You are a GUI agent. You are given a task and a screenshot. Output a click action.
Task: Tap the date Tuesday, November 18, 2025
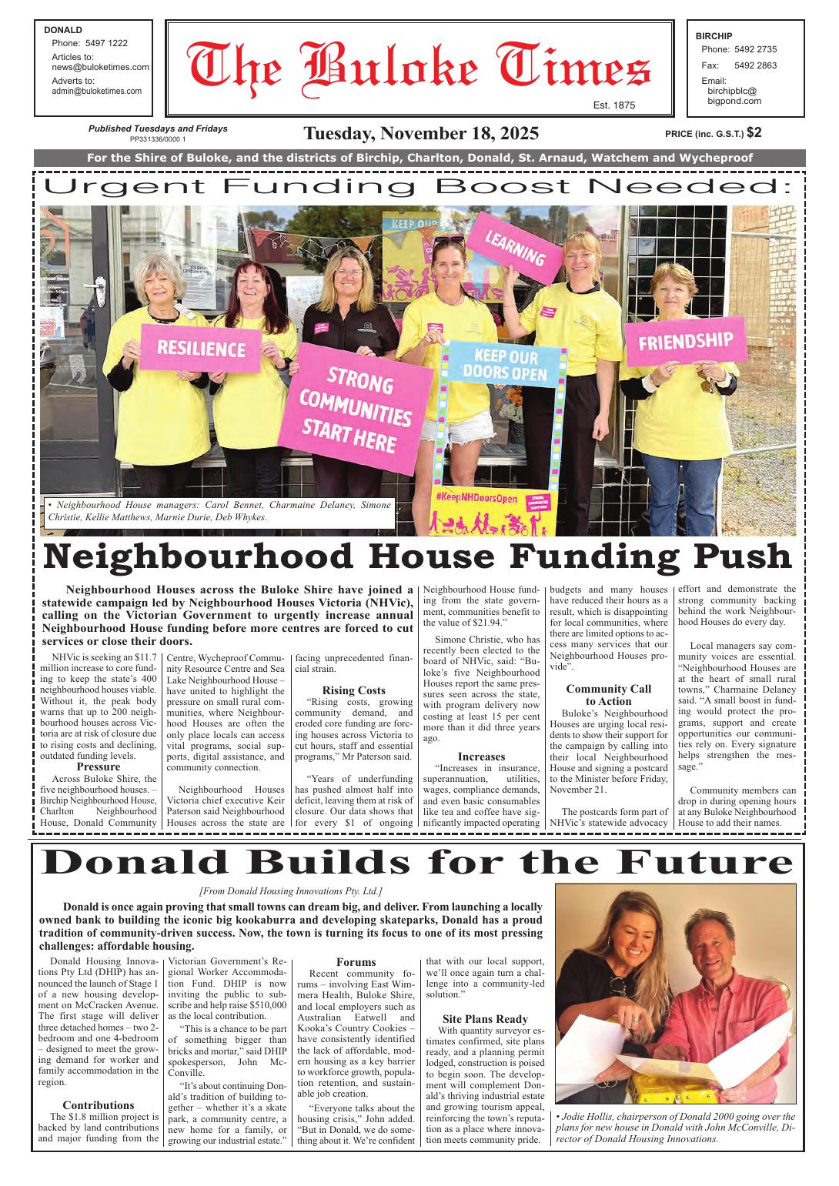coord(420,133)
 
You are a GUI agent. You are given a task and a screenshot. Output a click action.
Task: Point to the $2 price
coord(754,132)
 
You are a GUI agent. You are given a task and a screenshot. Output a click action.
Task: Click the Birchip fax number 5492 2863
coord(755,65)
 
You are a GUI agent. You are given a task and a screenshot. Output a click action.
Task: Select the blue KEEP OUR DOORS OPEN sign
coord(506,365)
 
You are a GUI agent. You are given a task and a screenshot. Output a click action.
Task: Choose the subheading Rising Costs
coord(353,690)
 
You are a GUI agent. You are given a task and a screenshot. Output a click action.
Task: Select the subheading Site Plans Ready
coord(485,1019)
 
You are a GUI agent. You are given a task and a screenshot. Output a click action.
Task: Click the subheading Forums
coord(356,962)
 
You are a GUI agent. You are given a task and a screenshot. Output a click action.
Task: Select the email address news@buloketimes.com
coord(100,67)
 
